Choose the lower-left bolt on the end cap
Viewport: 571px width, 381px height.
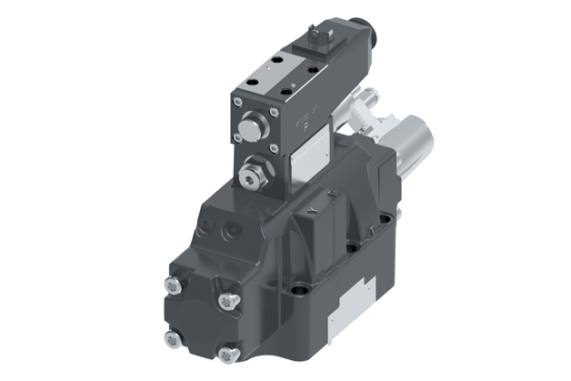[x=170, y=339]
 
